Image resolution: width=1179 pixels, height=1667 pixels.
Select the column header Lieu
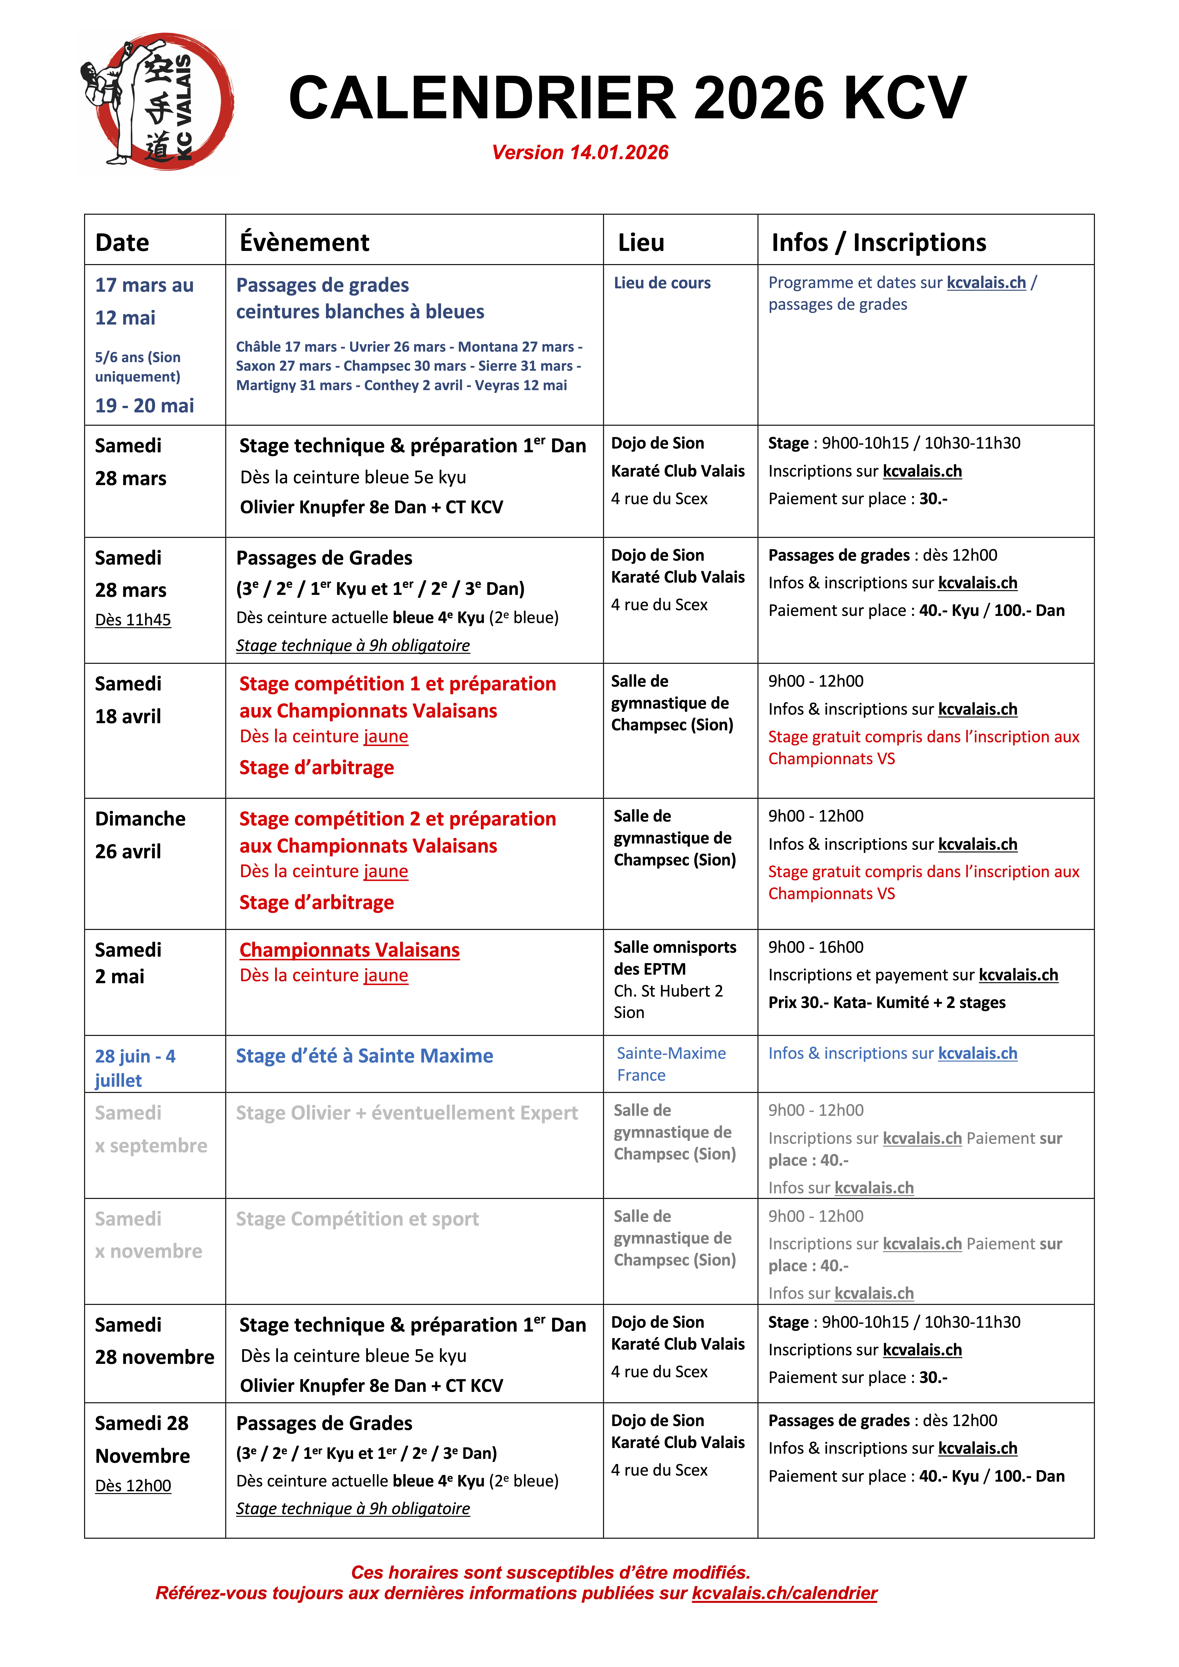pos(641,243)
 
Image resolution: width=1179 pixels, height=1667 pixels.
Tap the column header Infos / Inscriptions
pos(878,243)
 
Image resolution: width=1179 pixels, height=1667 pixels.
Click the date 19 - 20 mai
pos(145,406)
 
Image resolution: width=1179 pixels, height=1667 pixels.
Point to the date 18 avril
pos(128,717)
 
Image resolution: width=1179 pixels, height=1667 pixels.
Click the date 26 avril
pos(128,852)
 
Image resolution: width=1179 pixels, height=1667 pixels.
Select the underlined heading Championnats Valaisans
pos(349,950)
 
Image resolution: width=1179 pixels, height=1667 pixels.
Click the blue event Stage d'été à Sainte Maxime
pos(364,1056)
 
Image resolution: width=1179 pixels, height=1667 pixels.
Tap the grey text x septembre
pos(151,1146)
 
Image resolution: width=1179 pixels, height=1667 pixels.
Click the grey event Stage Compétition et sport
pos(357,1219)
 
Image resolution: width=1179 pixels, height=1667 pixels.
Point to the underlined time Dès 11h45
pos(133,620)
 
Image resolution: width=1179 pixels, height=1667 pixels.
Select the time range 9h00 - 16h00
pos(816,948)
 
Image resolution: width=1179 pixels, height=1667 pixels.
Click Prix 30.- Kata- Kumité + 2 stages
pos(886,1003)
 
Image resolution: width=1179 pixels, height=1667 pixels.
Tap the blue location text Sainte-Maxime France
pos(671,1064)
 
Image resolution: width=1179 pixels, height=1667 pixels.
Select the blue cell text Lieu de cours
pos(662,283)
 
